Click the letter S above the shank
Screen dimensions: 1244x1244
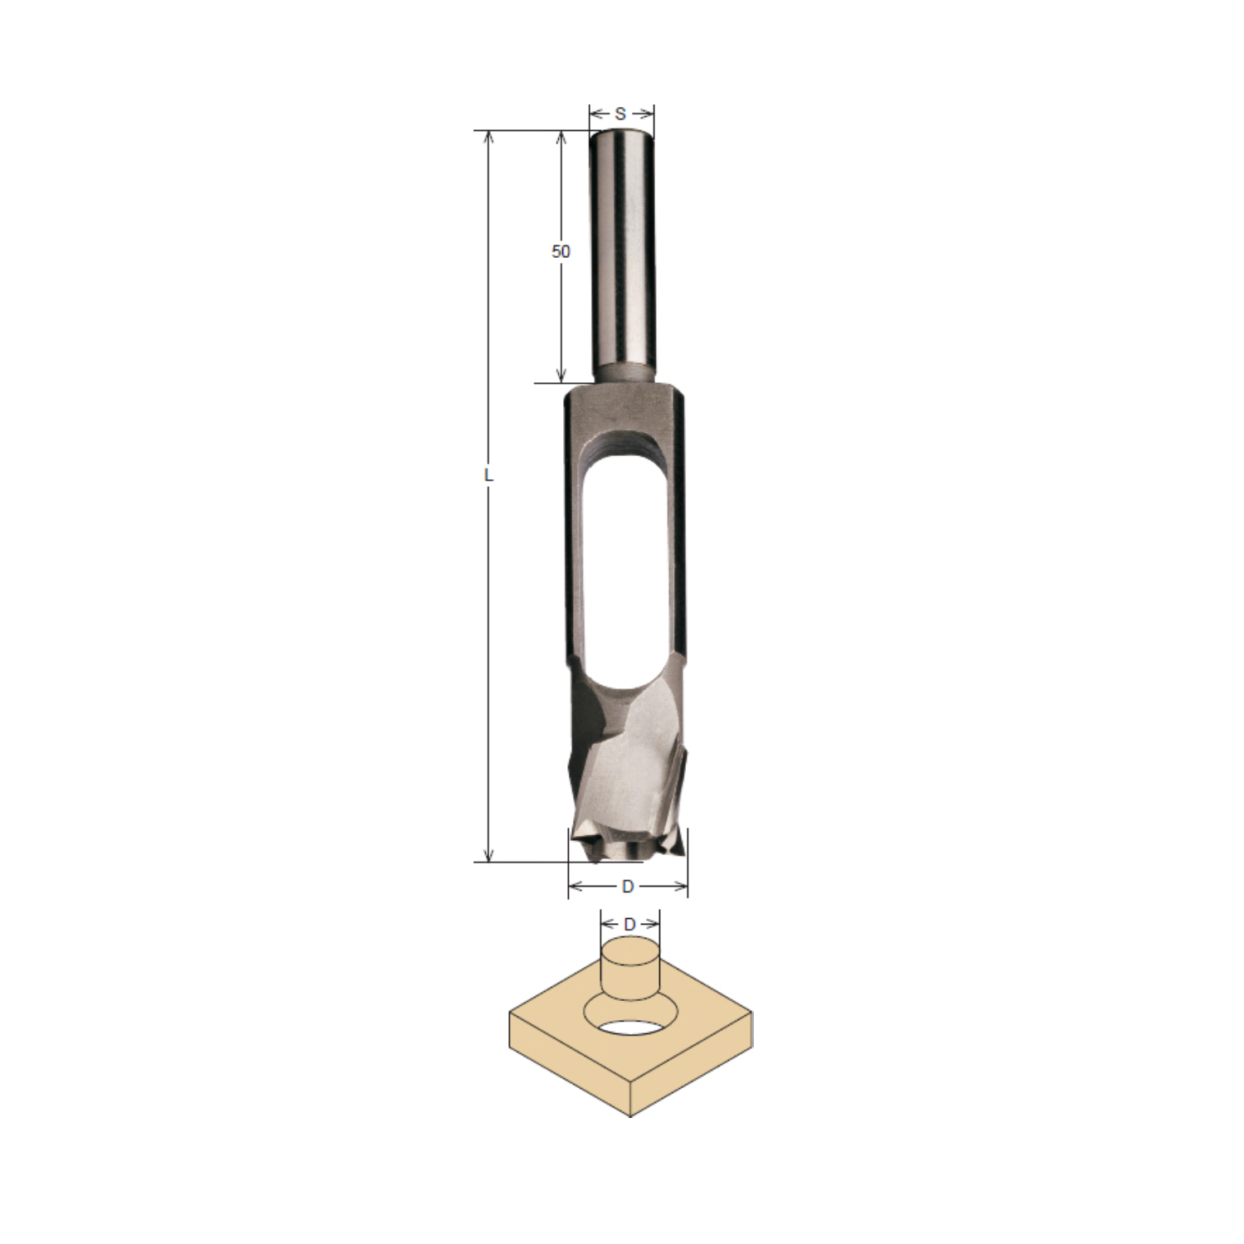click(x=620, y=114)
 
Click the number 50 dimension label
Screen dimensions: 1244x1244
click(x=561, y=250)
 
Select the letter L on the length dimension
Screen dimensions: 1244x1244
click(x=488, y=476)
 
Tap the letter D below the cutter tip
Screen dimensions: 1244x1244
click(x=628, y=887)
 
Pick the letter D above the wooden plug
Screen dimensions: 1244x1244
click(x=629, y=923)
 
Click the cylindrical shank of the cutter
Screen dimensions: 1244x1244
click(x=622, y=254)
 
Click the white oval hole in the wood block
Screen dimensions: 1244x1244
click(x=629, y=1028)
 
